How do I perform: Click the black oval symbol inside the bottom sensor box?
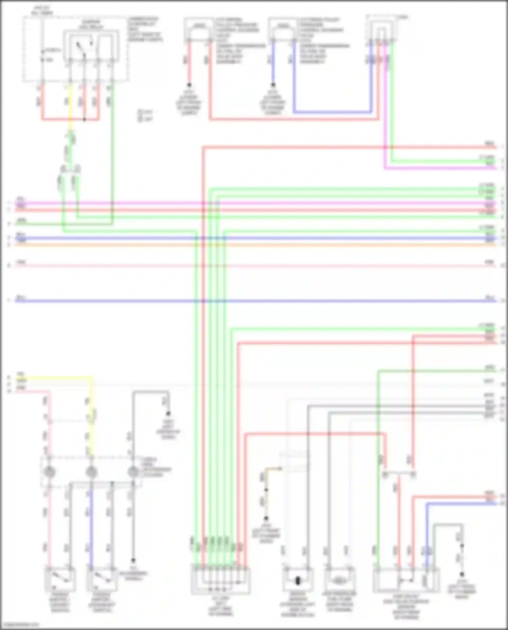(298, 581)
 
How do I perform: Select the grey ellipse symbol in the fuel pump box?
(339, 581)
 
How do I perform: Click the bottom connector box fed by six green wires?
(220, 581)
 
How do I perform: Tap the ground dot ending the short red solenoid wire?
(189, 85)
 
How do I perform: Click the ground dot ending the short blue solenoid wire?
(273, 85)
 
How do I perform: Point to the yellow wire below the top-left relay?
(70, 108)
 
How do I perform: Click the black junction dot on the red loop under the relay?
(85, 119)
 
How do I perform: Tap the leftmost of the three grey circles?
(49, 472)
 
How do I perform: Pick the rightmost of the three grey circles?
(133, 472)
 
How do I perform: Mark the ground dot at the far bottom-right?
(462, 574)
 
